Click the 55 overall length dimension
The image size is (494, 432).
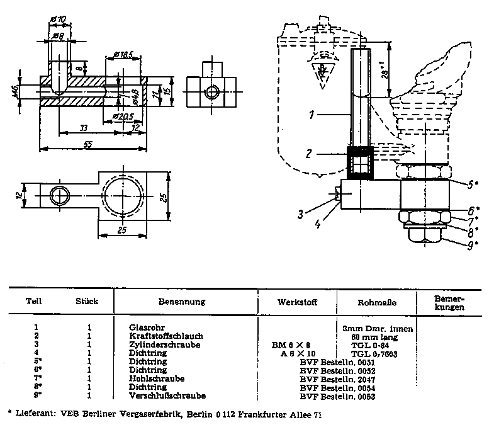tap(87, 144)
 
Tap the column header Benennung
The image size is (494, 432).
tap(182, 302)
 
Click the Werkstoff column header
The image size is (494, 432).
tap(297, 302)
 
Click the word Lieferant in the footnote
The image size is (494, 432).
tap(31, 416)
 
